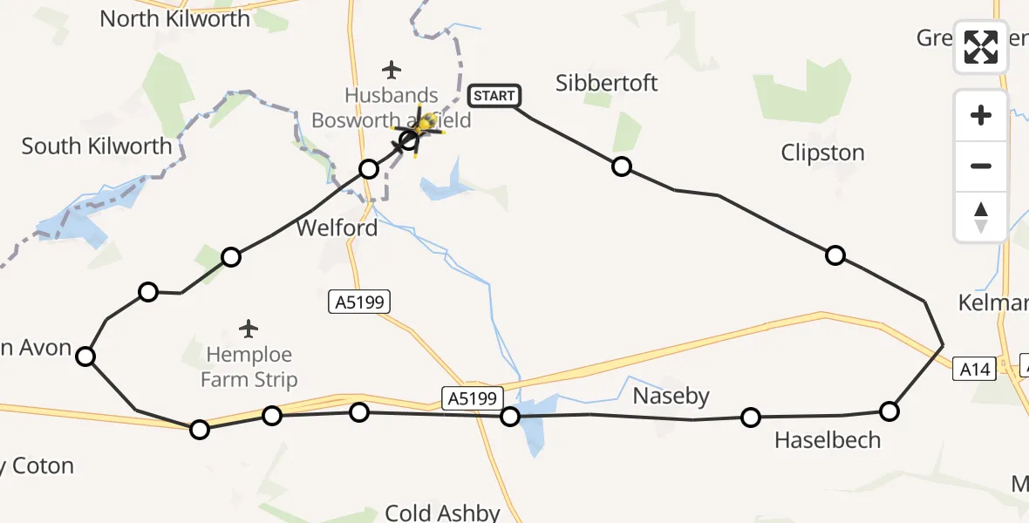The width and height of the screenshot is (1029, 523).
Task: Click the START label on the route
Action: tap(494, 96)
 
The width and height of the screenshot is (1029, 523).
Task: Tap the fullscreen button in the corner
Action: tap(981, 47)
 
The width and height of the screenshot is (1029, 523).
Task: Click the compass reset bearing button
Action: tap(981, 217)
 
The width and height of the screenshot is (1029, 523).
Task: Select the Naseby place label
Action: tap(671, 397)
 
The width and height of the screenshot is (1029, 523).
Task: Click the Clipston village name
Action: tap(822, 153)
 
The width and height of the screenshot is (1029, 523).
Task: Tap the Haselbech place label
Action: tap(828, 440)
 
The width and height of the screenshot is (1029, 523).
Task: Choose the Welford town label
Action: tap(337, 228)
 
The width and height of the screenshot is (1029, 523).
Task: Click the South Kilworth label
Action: tap(97, 146)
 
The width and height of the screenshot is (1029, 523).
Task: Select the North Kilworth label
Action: tap(174, 18)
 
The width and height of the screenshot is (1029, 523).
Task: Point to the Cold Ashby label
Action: tap(442, 513)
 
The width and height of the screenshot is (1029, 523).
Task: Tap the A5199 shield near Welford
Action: tap(358, 302)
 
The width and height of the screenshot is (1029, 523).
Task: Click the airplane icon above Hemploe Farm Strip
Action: tap(249, 329)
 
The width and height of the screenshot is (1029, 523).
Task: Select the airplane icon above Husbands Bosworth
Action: tap(392, 69)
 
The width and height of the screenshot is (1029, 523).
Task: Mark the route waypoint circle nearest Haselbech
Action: tap(751, 418)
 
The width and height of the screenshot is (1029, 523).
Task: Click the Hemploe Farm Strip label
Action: tap(249, 368)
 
